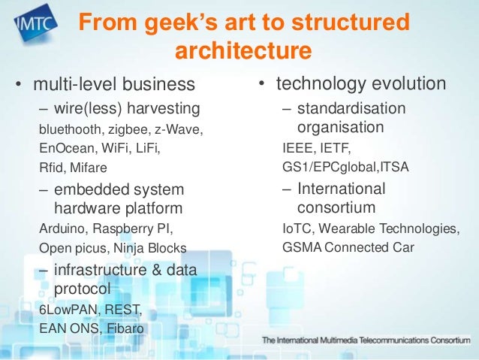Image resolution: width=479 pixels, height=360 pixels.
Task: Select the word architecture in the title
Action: click(x=243, y=52)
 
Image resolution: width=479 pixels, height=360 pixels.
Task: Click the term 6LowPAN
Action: click(x=65, y=310)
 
